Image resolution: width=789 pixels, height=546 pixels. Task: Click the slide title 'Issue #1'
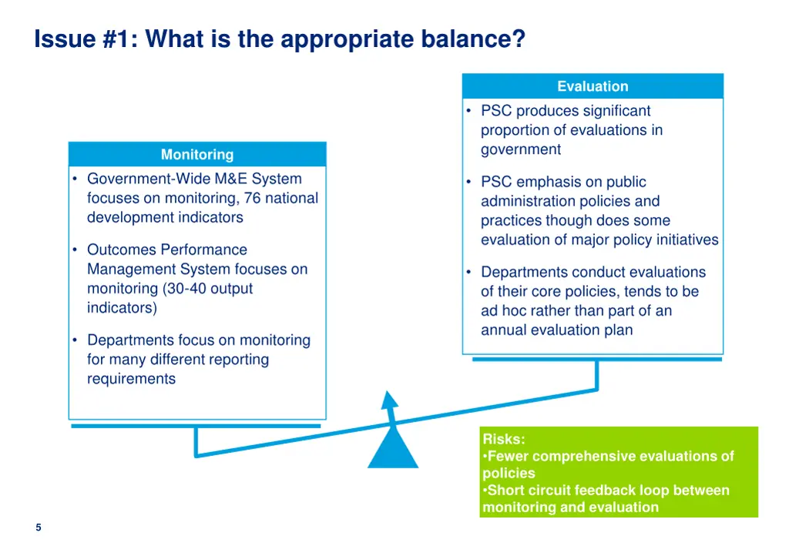point(81,39)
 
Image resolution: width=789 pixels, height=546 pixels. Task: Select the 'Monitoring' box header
point(197,154)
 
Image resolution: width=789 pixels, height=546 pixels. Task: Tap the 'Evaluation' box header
point(593,86)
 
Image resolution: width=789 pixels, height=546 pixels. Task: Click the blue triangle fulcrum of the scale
point(393,451)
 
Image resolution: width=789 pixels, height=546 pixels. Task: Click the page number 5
point(38,528)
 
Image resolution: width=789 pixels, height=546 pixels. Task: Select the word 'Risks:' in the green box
point(504,439)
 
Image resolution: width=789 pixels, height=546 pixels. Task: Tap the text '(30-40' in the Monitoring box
point(185,289)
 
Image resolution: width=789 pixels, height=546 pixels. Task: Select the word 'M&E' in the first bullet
point(231,179)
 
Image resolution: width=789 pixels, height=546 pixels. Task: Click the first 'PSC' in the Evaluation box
point(496,111)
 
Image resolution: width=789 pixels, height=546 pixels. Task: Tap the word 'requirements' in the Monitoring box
point(131,378)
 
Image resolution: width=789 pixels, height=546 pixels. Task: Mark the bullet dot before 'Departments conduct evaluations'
point(468,272)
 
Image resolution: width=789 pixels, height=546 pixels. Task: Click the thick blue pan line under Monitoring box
point(195,425)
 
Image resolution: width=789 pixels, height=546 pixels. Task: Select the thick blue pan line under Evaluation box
point(596,359)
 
